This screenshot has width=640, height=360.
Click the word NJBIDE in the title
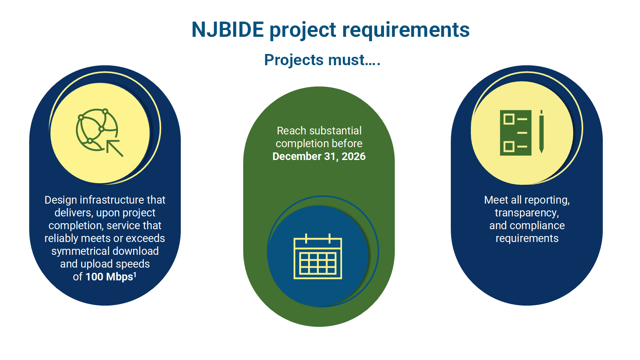pos(228,30)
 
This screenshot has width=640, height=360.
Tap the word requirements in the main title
pos(406,30)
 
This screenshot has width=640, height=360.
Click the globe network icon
pos(96,130)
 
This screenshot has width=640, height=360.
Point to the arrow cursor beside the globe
pos(115,148)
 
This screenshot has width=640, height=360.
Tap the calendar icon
pos(318,256)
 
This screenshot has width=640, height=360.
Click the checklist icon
pos(516,133)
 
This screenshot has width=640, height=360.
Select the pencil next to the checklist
pos(541,132)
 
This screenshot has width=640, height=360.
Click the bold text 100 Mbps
pos(109,277)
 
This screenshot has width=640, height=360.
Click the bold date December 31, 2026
pos(319,156)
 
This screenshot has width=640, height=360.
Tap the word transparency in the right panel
pos(527,213)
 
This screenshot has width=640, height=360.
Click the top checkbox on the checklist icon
pos(509,119)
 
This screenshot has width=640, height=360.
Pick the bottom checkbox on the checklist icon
pos(509,146)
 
